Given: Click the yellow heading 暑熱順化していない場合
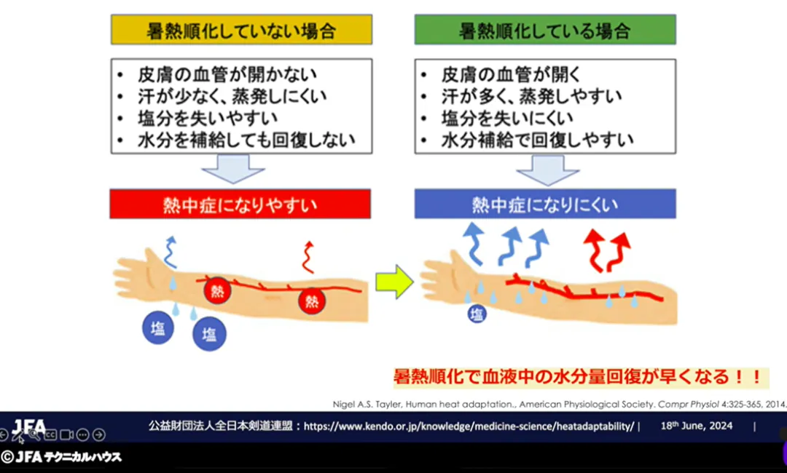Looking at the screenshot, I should click(x=241, y=31).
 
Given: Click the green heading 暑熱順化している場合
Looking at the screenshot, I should click(x=545, y=31).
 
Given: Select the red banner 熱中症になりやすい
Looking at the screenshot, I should click(x=240, y=204).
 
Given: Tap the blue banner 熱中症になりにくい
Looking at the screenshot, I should click(x=545, y=204).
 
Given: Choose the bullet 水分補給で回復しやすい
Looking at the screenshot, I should click(x=537, y=140).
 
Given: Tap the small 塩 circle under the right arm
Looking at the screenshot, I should click(x=476, y=314).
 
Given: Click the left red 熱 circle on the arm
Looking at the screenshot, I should click(x=217, y=292).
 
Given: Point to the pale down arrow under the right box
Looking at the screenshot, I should click(x=547, y=172).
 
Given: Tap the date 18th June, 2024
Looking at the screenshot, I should click(x=697, y=426).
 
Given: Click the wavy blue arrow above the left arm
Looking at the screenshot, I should click(x=170, y=250).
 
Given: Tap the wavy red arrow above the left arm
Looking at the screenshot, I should click(x=308, y=256).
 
